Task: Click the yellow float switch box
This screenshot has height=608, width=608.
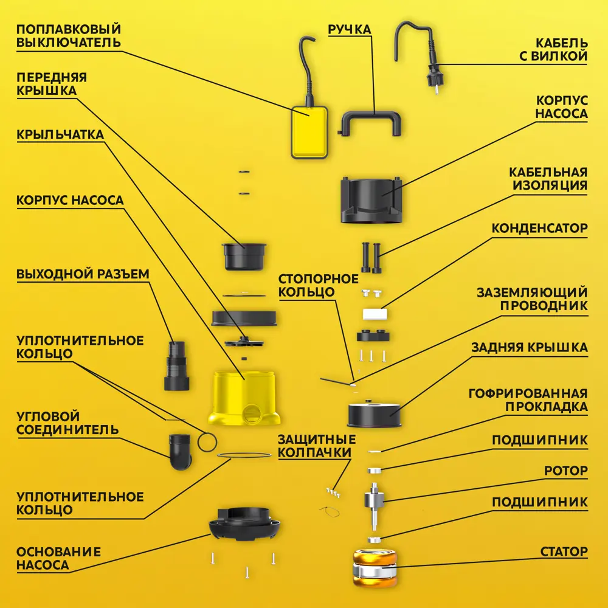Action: pyautogui.click(x=309, y=132)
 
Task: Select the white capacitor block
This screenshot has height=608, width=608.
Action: pyautogui.click(x=375, y=314)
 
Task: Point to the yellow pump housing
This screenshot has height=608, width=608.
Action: pyautogui.click(x=244, y=398)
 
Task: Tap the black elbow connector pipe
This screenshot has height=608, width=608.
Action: pyautogui.click(x=181, y=452)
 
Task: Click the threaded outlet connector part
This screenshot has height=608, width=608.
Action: pyautogui.click(x=176, y=365)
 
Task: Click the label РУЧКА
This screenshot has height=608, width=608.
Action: pyautogui.click(x=350, y=29)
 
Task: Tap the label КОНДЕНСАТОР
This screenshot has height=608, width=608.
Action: pyautogui.click(x=539, y=228)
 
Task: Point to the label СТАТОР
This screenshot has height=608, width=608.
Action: pyautogui.click(x=564, y=551)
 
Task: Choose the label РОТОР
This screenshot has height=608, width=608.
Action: pyautogui.click(x=565, y=471)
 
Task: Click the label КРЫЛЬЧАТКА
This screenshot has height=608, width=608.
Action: pyautogui.click(x=60, y=134)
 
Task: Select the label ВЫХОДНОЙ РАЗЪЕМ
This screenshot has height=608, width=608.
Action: pyautogui.click(x=83, y=274)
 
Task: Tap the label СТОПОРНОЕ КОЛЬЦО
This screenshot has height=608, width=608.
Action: pyautogui.click(x=318, y=285)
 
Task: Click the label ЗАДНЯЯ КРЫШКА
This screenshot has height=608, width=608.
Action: pyautogui.click(x=530, y=347)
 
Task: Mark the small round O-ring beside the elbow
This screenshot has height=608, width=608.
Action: pyautogui.click(x=207, y=442)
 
